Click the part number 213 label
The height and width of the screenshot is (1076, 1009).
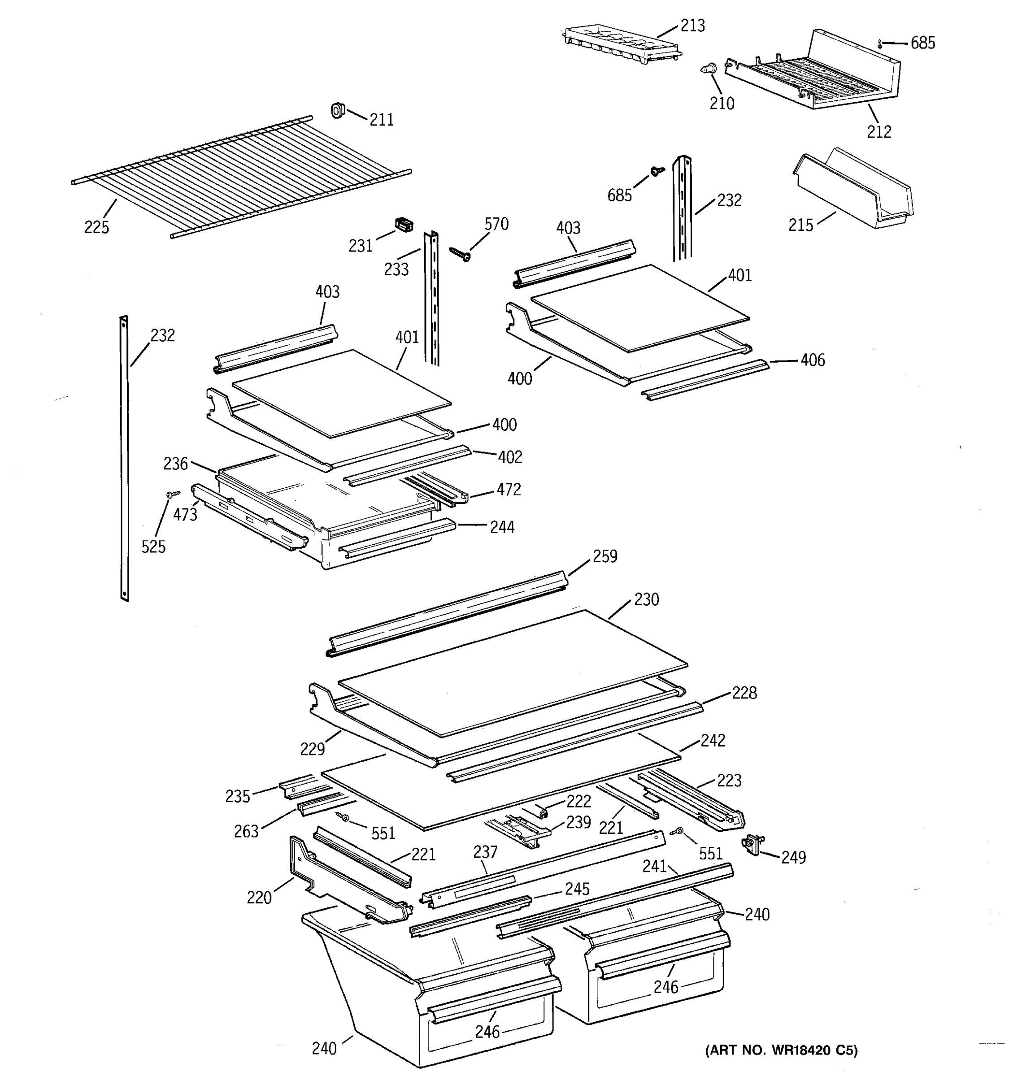[x=692, y=26]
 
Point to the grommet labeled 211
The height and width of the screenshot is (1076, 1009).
[x=338, y=110]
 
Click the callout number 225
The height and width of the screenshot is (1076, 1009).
[x=96, y=227]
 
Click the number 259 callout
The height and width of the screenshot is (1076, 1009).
[x=605, y=556]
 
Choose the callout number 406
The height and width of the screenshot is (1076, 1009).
[x=813, y=360]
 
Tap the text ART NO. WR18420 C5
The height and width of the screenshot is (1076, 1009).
[x=781, y=1050]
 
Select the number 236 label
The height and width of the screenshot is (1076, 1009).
[x=175, y=464]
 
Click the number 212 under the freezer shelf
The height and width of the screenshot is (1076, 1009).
[x=879, y=131]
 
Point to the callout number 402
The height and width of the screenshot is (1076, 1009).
[x=510, y=457]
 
